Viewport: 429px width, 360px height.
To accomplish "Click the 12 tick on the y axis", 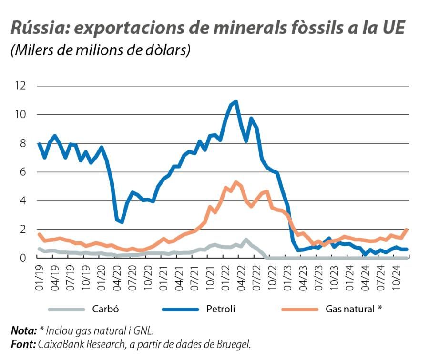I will click(x=20, y=86).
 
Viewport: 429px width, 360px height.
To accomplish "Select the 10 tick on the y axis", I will click(x=20, y=114).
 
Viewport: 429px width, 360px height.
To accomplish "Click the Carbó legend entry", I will click(x=105, y=309).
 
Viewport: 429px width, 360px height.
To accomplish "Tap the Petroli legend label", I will click(x=220, y=309).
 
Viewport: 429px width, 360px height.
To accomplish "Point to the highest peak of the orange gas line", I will click(x=235, y=182).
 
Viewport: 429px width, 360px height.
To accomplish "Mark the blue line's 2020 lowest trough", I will click(x=122, y=222).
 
